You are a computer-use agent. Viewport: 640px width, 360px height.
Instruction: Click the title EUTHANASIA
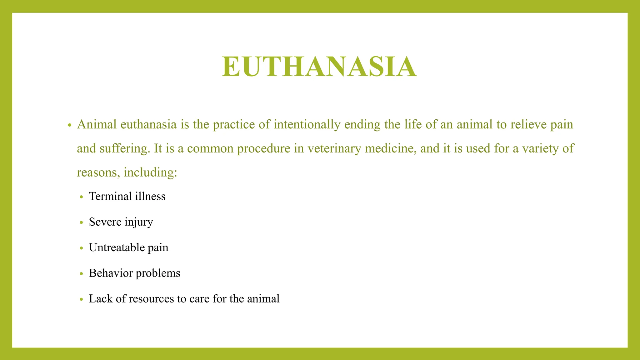[319, 67]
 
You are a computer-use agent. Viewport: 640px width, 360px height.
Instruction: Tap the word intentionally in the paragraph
[307, 125]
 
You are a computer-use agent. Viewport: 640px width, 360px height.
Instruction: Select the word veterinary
[334, 148]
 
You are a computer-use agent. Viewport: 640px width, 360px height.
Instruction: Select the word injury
[139, 222]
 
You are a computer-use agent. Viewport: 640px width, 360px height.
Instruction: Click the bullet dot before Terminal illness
[82, 197]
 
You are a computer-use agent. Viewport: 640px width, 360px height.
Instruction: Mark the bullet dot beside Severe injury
[82, 222]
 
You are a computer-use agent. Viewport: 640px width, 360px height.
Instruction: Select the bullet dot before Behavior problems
[82, 274]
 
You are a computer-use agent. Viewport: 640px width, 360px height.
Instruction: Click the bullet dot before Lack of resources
[82, 299]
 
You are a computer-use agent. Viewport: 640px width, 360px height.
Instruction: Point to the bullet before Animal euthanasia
[70, 125]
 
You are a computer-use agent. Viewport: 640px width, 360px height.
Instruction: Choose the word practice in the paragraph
[234, 125]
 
